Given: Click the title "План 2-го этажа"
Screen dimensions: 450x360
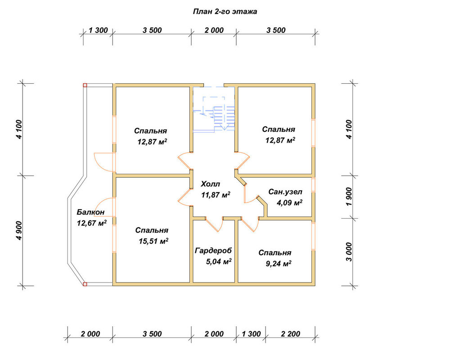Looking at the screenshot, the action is [x=225, y=12].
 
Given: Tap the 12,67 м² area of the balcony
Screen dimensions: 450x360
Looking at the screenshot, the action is [x=92, y=223].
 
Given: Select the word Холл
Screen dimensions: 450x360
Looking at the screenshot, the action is [x=210, y=184].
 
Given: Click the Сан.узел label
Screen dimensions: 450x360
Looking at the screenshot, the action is [x=285, y=192].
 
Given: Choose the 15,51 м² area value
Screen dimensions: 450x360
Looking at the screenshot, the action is [x=153, y=241].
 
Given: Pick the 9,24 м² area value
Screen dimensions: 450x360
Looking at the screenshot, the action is [x=279, y=264].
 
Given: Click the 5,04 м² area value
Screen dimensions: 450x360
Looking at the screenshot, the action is [x=219, y=261].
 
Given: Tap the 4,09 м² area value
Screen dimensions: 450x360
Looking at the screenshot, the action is [x=289, y=202].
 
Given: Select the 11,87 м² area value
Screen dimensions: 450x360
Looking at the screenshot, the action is [x=216, y=195].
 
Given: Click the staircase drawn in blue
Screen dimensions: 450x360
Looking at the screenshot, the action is [x=214, y=109].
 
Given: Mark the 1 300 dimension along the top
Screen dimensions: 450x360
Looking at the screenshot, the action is [x=98, y=30].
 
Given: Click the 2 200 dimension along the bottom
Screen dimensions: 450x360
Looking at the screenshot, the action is [x=290, y=334].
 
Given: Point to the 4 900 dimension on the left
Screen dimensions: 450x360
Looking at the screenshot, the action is [x=19, y=230].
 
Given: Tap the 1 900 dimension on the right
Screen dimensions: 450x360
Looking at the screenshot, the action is [x=349, y=196].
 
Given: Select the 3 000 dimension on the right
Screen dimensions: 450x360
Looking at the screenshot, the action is [x=349, y=252].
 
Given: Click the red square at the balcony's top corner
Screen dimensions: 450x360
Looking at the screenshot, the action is [x=85, y=85].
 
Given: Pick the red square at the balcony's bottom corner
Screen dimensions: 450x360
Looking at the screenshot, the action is [x=85, y=284].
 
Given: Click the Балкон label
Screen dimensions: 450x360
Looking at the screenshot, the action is [x=90, y=212].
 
